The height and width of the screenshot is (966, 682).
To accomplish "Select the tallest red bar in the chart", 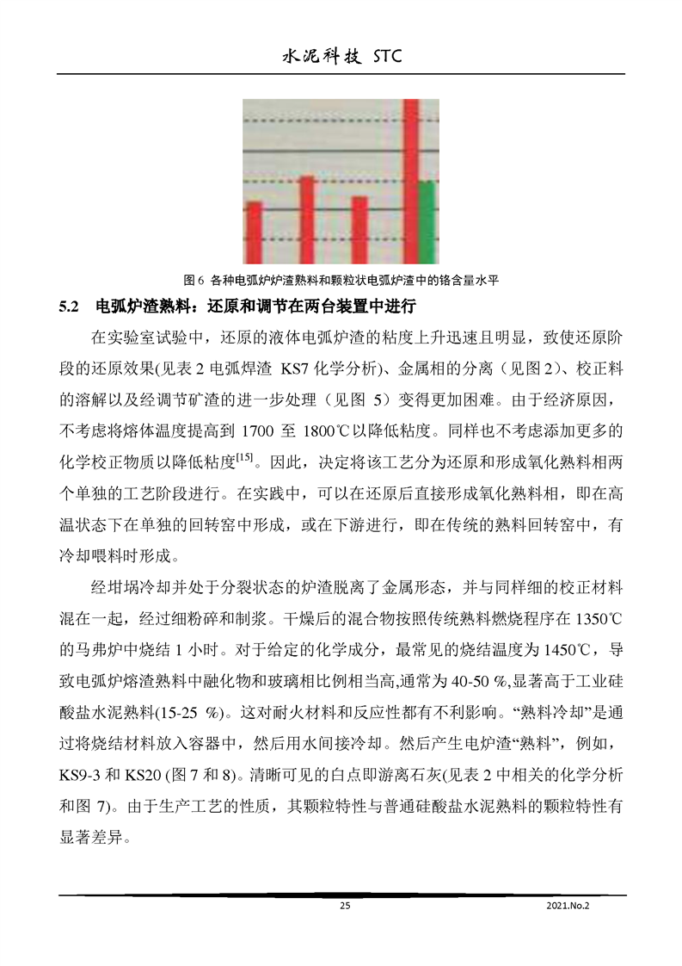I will (411, 181).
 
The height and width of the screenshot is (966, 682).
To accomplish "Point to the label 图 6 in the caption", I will (192, 281).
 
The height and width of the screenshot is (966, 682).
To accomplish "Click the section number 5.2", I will (69, 307).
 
